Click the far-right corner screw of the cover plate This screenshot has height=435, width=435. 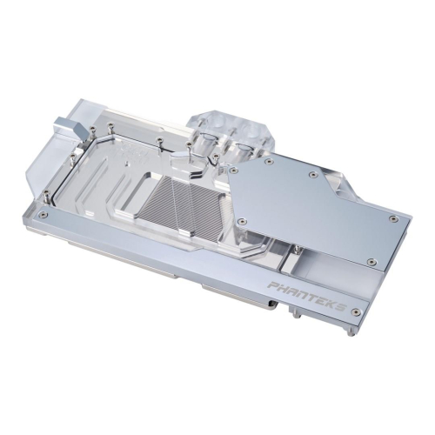coord(393,218)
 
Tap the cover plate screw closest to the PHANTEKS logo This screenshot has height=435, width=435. coord(372,260)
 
